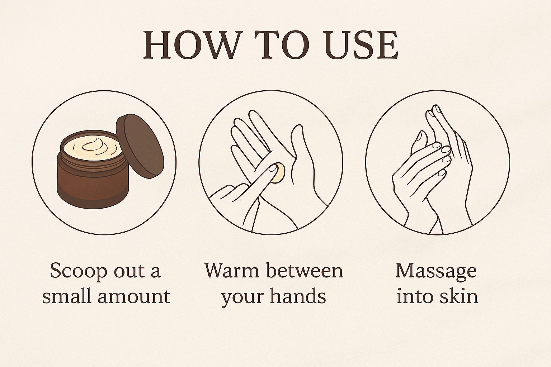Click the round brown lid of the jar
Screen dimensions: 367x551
pyautogui.click(x=140, y=146)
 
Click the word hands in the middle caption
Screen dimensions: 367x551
pyautogui.click(x=298, y=297)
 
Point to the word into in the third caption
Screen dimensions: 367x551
pyautogui.click(x=416, y=297)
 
